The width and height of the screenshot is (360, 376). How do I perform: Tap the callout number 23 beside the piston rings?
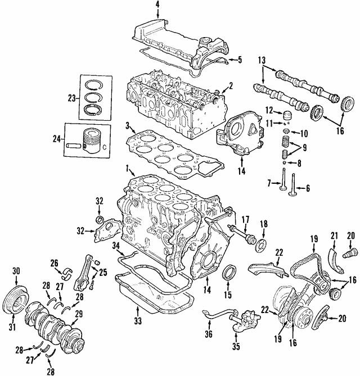click(71, 98)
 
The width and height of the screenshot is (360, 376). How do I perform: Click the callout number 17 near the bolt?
click(245, 219)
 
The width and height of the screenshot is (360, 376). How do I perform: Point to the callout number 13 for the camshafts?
click(262, 60)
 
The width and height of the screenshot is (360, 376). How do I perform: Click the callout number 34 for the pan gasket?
click(115, 245)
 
